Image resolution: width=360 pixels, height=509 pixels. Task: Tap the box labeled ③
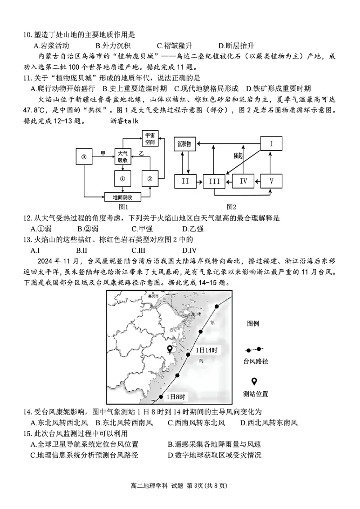pos(84,157)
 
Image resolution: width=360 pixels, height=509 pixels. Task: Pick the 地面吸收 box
pos(123,197)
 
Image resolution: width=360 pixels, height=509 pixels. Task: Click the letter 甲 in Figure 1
pos(103,153)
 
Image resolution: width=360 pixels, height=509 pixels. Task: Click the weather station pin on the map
pos(170,349)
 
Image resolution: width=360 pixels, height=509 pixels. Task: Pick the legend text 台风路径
pos(255,361)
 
